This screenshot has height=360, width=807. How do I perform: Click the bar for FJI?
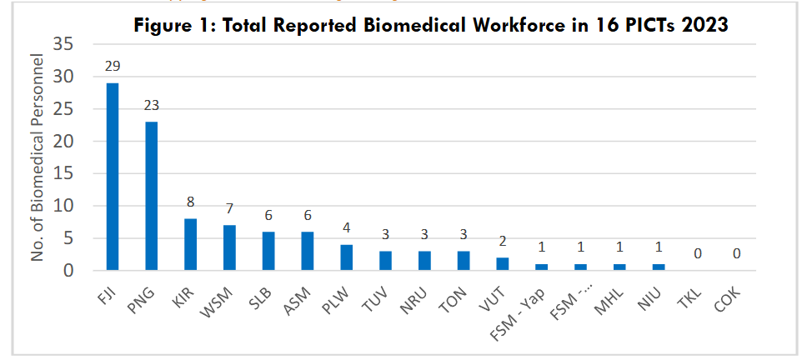(113, 177)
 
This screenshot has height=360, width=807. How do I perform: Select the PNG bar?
(152, 197)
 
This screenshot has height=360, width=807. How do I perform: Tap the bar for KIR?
(191, 245)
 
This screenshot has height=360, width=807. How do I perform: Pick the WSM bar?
(230, 248)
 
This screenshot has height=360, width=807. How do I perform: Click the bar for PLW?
(347, 257)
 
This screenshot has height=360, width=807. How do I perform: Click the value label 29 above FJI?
(113, 66)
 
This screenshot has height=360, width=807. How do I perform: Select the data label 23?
(152, 105)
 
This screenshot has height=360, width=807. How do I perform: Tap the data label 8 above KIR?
(191, 202)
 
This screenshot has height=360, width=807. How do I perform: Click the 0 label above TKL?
(698, 253)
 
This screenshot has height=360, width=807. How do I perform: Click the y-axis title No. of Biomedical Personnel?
(38, 158)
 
